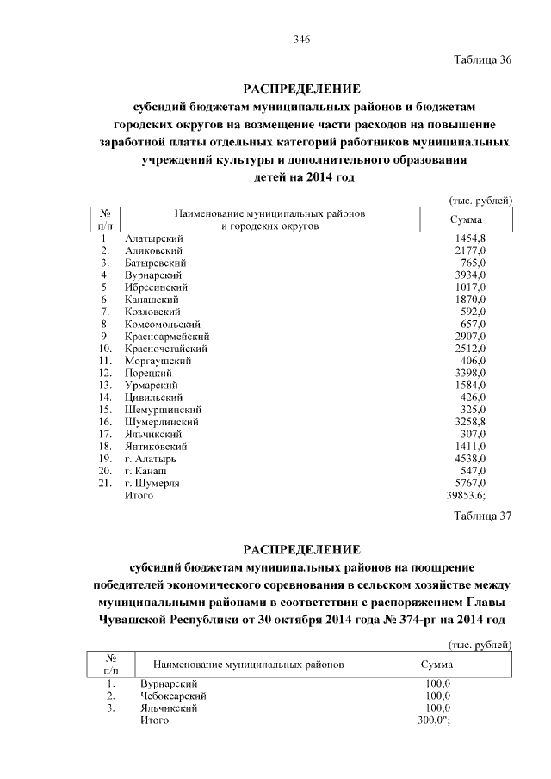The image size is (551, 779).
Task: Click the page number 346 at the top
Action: (300, 40)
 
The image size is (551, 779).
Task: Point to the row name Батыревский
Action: (156, 262)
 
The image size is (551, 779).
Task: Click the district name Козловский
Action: (152, 311)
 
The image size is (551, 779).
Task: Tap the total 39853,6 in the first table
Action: (469, 496)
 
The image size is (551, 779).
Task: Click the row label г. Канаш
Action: (145, 472)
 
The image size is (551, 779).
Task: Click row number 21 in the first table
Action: (105, 484)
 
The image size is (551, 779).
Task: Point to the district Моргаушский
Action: (157, 361)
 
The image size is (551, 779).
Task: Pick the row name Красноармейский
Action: (167, 336)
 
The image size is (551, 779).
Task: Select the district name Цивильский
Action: (153, 398)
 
